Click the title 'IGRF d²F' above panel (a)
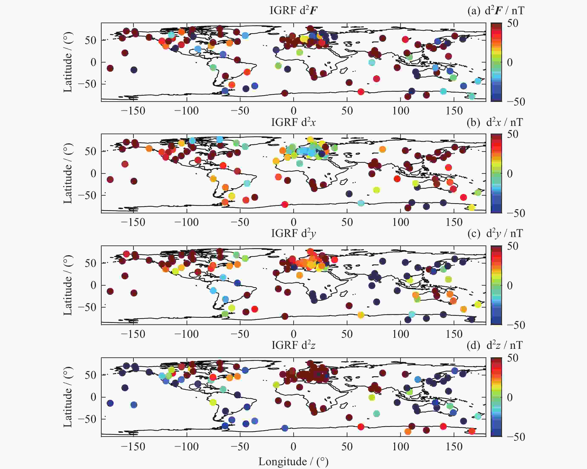tap(293, 10)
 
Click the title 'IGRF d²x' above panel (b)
tap(293, 122)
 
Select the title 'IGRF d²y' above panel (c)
tap(293, 233)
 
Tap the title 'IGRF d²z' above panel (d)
tap(293, 345)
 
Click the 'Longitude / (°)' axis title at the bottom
tap(293, 461)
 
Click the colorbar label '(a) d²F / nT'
tap(495, 11)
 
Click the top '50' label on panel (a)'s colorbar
tap(512, 23)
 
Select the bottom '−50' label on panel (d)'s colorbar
tap(516, 437)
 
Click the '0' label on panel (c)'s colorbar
tap(510, 285)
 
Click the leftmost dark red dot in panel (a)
tap(110, 68)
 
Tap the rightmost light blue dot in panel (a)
tap(478, 81)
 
